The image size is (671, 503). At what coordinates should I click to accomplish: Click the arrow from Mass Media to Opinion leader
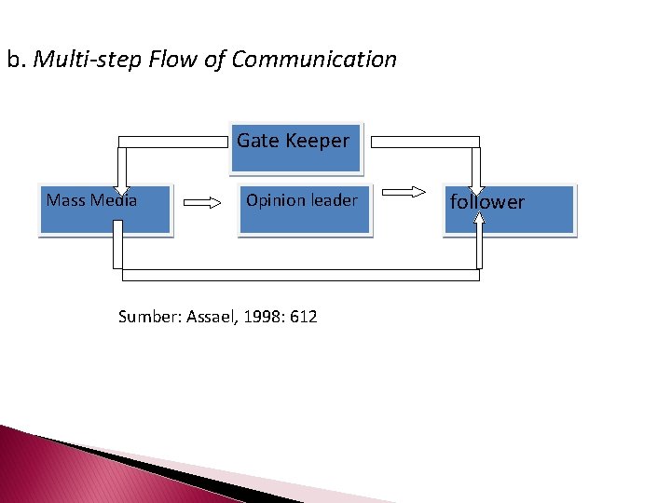pos(202,200)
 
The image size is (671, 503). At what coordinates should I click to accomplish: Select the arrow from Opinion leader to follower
pos(404,193)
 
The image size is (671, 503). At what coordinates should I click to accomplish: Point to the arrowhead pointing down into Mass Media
pos(121,186)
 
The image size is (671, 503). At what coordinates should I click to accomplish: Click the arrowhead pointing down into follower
pos(477,184)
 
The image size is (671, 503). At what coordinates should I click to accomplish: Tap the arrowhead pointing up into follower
pos(478,220)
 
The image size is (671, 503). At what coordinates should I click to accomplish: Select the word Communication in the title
pos(314,60)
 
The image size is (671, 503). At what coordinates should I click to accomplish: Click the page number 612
pos(304,317)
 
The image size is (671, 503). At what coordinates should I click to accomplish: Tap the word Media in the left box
pos(114,200)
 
